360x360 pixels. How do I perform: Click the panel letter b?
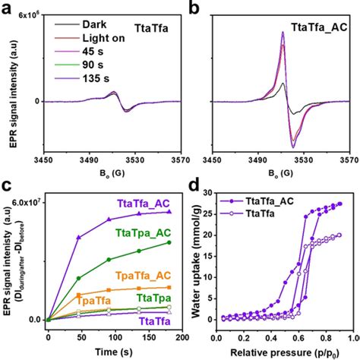[194, 9]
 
